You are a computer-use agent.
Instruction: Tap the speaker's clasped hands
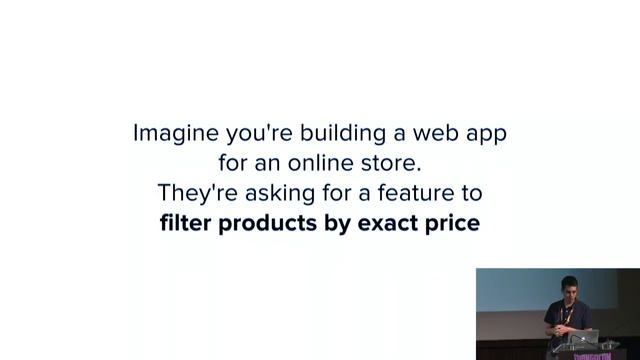tap(551, 327)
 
